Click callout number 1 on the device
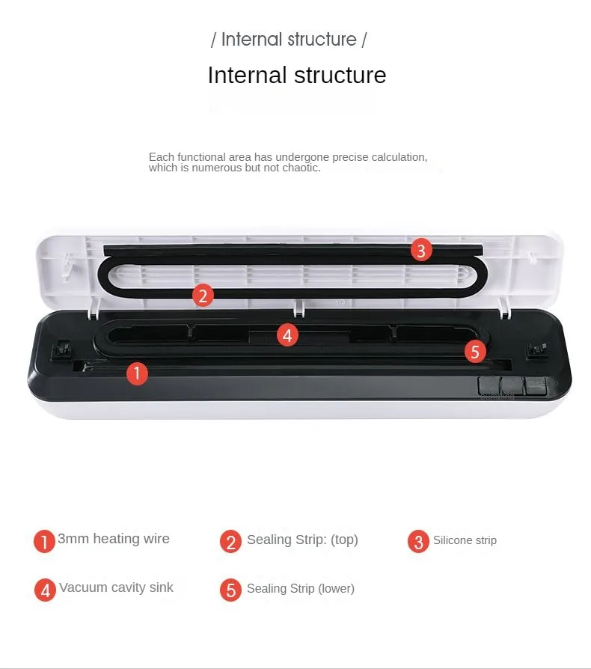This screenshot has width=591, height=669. (x=136, y=373)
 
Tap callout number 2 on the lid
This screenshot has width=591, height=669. (x=203, y=295)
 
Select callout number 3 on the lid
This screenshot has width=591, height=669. (x=421, y=251)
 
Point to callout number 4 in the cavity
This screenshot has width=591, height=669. (x=287, y=334)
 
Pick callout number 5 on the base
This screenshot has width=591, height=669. (x=475, y=350)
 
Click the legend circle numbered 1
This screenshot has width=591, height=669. (x=45, y=541)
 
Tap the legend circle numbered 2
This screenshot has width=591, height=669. (x=231, y=541)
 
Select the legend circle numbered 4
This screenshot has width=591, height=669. (x=45, y=590)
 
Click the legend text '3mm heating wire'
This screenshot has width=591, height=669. (x=114, y=539)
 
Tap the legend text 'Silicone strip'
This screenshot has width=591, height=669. (x=465, y=540)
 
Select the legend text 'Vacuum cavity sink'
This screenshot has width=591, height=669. (x=117, y=587)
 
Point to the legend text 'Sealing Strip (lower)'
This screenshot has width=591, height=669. (x=301, y=588)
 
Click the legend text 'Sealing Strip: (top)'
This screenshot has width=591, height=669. (x=302, y=540)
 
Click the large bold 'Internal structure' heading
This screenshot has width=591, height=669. (x=296, y=76)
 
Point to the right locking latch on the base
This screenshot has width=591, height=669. (x=536, y=349)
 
